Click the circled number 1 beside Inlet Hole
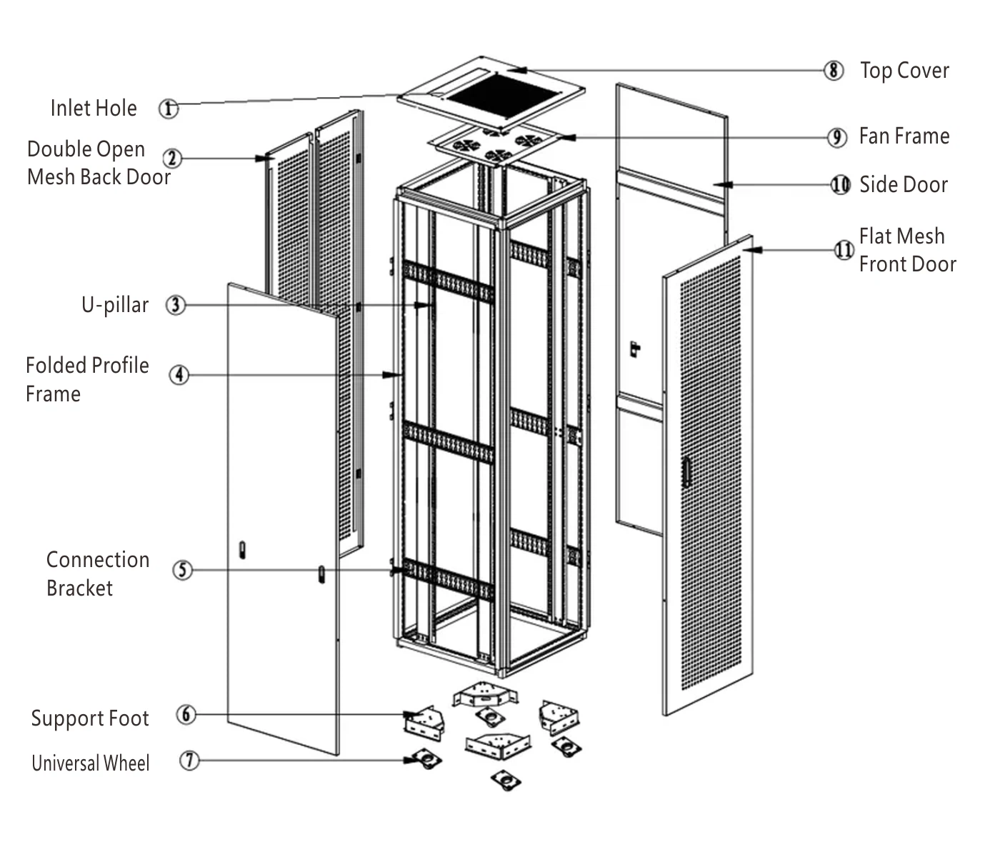pyautogui.click(x=168, y=109)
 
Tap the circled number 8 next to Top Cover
pyautogui.click(x=833, y=71)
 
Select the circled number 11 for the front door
pyautogui.click(x=844, y=250)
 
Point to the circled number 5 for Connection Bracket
pyautogui.click(x=183, y=570)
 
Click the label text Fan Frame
pyautogui.click(x=904, y=136)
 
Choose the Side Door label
pyautogui.click(x=903, y=184)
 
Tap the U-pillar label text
pyautogui.click(x=115, y=305)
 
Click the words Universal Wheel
pyautogui.click(x=91, y=763)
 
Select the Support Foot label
pyautogui.click(x=90, y=718)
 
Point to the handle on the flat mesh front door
pyautogui.click(x=687, y=471)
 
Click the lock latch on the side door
pyautogui.click(x=634, y=349)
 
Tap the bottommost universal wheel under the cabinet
pyautogui.click(x=506, y=781)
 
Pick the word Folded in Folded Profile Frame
pyautogui.click(x=56, y=365)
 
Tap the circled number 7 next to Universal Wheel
pyautogui.click(x=189, y=760)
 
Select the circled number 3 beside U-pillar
pyautogui.click(x=175, y=305)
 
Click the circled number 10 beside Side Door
pyautogui.click(x=841, y=184)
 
